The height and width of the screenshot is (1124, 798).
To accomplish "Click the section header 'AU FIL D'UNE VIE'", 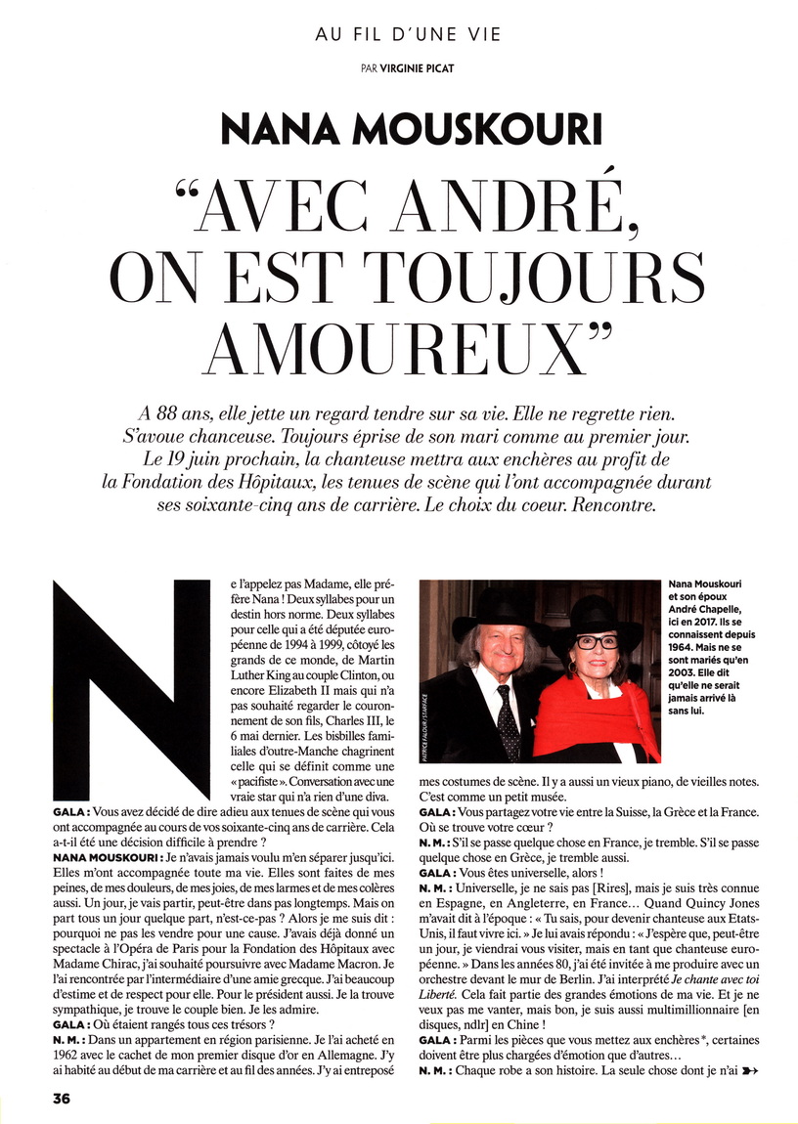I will click(x=408, y=34).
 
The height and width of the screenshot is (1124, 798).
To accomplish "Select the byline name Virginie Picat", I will click(x=426, y=68).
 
